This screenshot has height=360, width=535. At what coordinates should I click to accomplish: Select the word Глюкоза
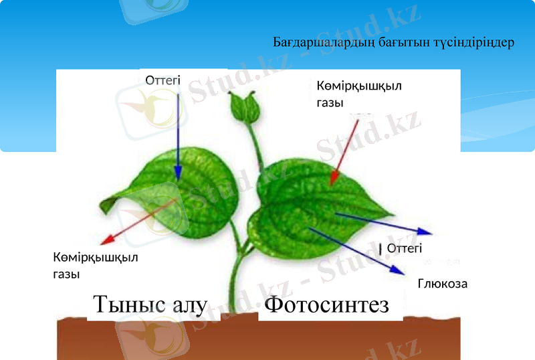click(x=442, y=284)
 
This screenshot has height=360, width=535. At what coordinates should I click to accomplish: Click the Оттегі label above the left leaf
click(x=163, y=80)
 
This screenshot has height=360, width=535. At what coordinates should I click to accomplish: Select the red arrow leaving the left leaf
click(x=137, y=221)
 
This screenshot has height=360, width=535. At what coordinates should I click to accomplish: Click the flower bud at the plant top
click(x=241, y=104)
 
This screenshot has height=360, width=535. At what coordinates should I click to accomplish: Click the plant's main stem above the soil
click(x=234, y=281)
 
